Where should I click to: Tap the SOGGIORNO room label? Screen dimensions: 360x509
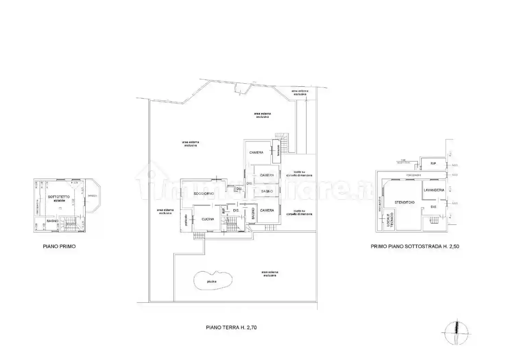coord(204,194)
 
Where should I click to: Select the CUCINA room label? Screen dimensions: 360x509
coord(208,219)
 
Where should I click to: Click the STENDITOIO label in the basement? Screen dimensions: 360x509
coord(404,203)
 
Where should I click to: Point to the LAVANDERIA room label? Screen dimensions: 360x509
coord(434,190)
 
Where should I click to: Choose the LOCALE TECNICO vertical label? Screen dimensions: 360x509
coord(390,220)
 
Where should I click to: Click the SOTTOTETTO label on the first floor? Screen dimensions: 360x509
coord(59,197)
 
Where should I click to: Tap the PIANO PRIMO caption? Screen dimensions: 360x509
coord(59,247)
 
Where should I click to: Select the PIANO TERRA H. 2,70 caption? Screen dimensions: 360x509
coord(231,327)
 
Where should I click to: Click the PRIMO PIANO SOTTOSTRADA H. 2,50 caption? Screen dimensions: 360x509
coord(415,247)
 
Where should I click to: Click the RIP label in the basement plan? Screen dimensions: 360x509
coord(433,164)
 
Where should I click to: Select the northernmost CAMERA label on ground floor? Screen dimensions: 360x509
coord(256,153)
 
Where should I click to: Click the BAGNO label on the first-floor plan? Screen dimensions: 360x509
coord(52,221)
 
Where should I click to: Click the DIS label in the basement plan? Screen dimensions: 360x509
coord(433,207)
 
